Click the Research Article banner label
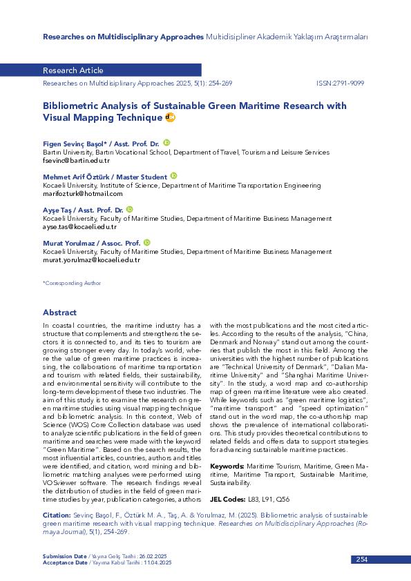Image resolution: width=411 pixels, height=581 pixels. [73, 70]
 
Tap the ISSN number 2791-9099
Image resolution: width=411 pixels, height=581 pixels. [340, 82]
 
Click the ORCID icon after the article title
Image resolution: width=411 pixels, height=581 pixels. [171, 118]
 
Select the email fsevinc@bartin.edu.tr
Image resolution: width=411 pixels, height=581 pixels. [72, 160]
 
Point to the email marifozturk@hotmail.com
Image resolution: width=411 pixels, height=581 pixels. [73, 193]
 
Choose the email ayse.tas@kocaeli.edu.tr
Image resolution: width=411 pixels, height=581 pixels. [79, 226]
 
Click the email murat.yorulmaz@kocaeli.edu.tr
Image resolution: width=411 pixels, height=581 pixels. [91, 259]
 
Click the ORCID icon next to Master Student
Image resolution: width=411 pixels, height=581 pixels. [174, 176]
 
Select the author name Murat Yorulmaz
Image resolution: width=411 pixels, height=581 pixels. [66, 243]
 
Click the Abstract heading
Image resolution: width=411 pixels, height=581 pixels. [59, 313]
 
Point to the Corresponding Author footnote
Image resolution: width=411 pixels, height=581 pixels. [72, 283]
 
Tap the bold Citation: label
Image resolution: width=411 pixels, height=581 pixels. [57, 515]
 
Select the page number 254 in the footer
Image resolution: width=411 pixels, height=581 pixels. [362, 560]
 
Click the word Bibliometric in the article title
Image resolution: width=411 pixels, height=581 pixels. [73, 106]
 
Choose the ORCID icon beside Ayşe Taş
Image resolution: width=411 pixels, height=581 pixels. [129, 209]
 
